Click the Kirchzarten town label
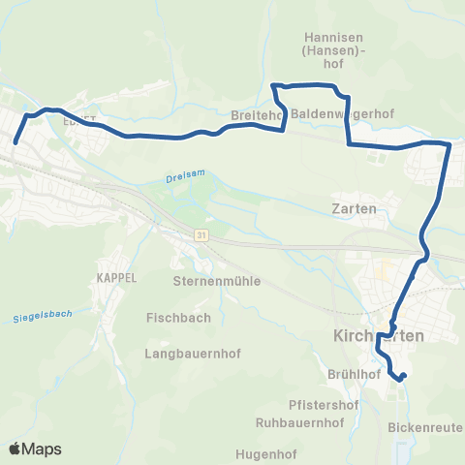click(379, 335)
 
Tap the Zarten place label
click(353, 208)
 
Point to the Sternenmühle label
click(211, 281)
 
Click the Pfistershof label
click(325, 405)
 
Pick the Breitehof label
click(257, 114)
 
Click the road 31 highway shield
click(200, 235)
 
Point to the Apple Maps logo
click(35, 449)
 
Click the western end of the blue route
click(15, 142)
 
